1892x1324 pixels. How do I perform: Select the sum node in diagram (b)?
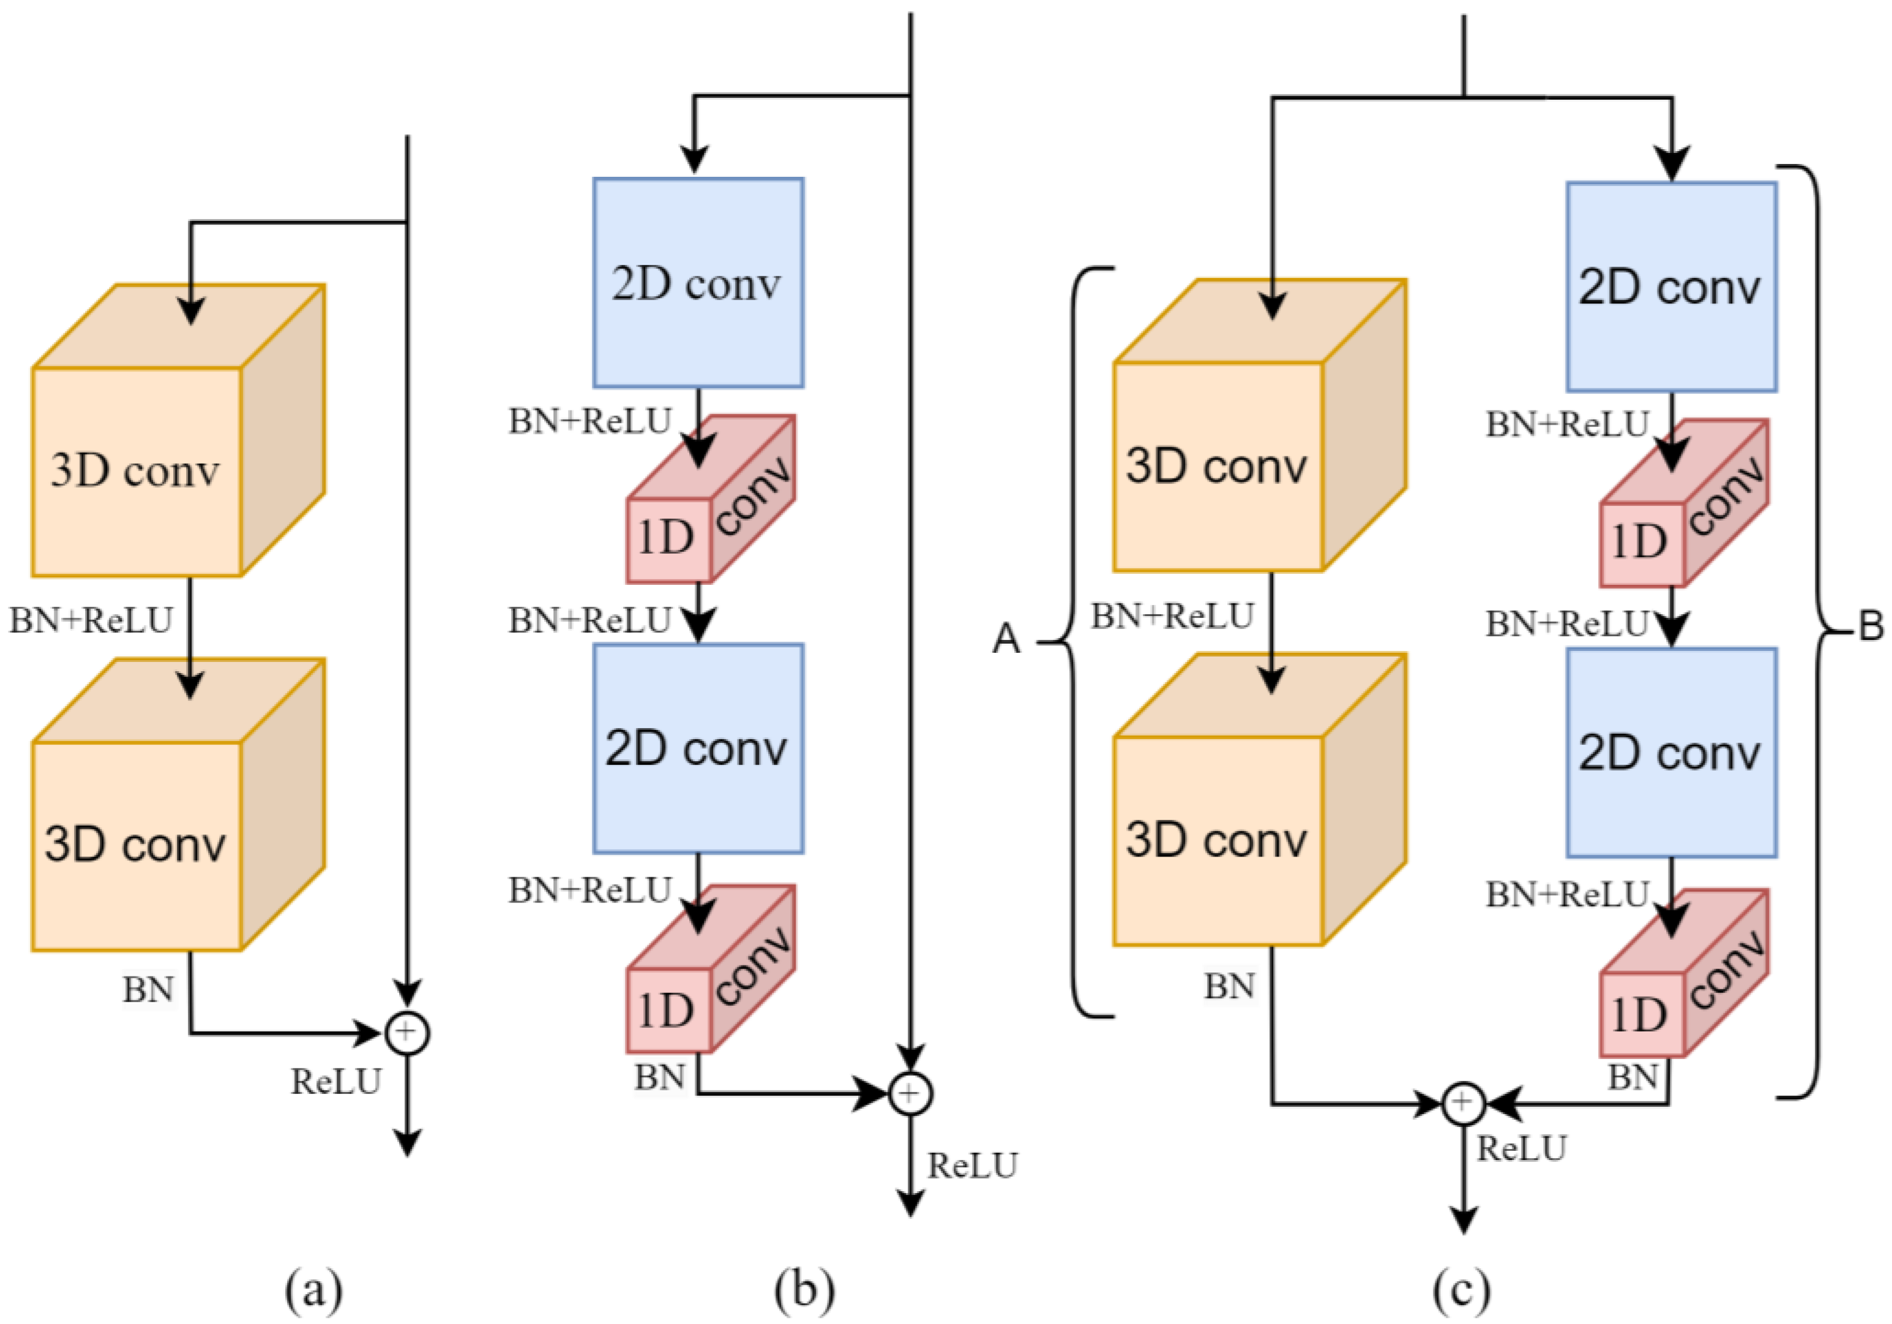(910, 1094)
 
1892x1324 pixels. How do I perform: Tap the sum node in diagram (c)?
(1463, 1103)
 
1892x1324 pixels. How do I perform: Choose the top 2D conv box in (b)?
(698, 283)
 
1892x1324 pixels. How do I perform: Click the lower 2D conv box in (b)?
(698, 749)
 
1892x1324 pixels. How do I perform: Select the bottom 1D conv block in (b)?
(709, 972)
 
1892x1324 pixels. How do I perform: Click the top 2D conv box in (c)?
(1671, 288)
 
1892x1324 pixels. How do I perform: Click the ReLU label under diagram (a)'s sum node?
(336, 1082)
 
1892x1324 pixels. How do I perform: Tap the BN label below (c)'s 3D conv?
(1230, 986)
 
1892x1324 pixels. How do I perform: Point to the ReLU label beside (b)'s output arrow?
(973, 1166)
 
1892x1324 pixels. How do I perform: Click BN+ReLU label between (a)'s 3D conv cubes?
(91, 620)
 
